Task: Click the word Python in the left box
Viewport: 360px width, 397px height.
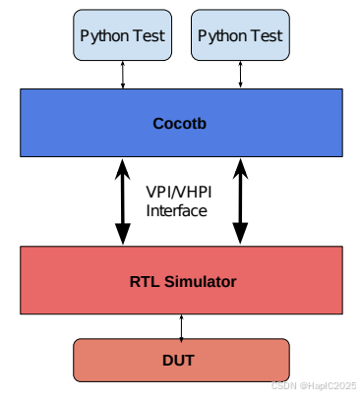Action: coord(105,35)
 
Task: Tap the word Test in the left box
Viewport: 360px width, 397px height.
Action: coord(149,35)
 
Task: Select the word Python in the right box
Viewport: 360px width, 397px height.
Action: coord(221,35)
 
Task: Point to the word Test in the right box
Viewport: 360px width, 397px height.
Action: coord(266,35)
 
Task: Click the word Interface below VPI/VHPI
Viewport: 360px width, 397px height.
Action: coord(178,209)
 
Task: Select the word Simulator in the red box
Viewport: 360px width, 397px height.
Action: coord(203,281)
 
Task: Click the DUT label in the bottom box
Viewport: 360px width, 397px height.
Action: coord(182,360)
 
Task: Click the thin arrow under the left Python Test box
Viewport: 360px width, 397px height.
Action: coord(123,74)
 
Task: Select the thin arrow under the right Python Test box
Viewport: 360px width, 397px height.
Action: coord(239,74)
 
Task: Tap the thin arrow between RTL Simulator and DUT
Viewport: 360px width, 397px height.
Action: coord(182,325)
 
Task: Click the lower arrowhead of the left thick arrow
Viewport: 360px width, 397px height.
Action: coord(123,234)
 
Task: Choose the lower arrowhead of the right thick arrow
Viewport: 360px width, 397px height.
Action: coord(239,234)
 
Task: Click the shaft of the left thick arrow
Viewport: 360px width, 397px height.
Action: coord(123,201)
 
